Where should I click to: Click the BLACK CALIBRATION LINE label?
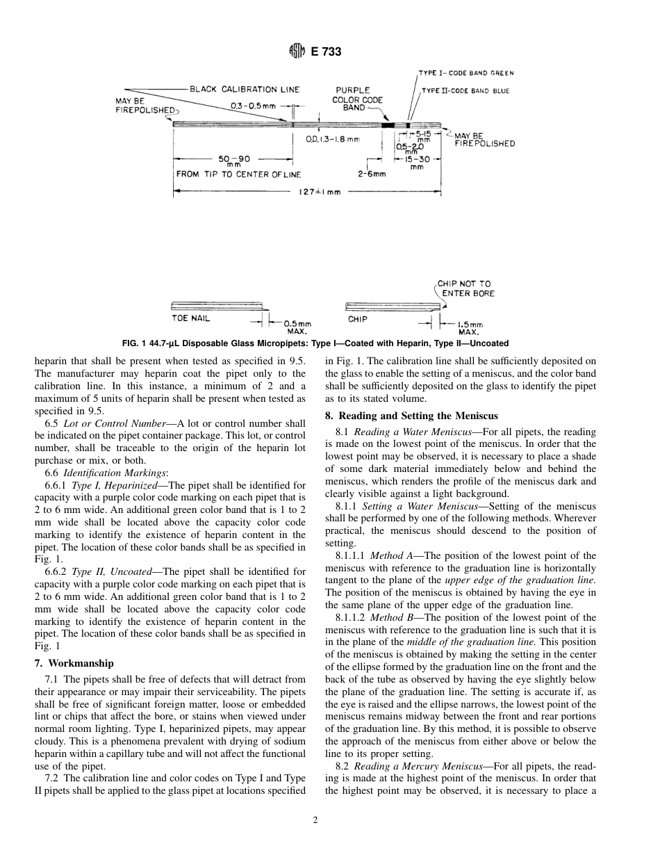245,90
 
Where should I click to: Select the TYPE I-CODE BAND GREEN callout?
467,72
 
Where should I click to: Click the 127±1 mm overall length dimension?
320,192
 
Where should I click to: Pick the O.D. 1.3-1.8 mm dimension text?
333,139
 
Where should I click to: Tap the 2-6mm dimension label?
372,174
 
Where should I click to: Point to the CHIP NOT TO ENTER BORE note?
465,288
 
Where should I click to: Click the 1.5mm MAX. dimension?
470,327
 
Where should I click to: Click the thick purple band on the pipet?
389,124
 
